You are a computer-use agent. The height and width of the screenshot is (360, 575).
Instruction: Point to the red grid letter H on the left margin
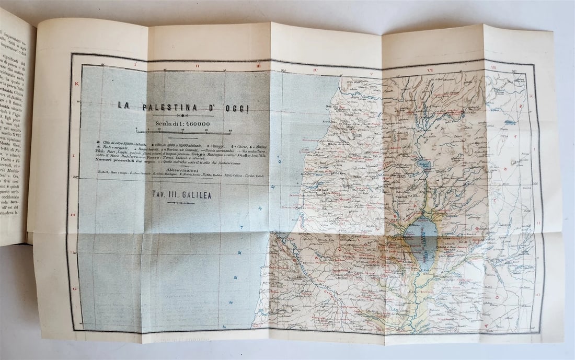(73, 215)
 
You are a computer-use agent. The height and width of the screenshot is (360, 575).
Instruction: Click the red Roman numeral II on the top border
(197, 66)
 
